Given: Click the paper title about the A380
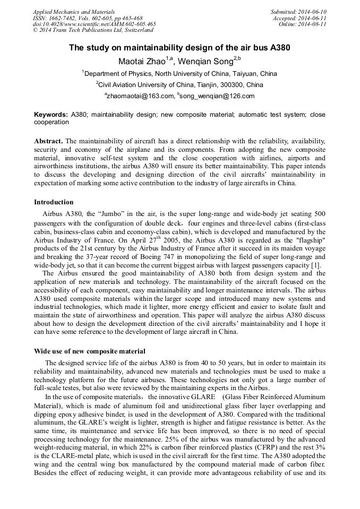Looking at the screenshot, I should (x=179, y=48).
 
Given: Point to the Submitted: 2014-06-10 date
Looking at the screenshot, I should (x=298, y=12).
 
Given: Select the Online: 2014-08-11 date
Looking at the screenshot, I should (x=303, y=24).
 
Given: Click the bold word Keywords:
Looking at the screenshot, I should (x=51, y=115).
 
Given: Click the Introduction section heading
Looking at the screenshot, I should (x=54, y=202).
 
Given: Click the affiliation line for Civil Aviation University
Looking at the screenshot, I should (x=179, y=85).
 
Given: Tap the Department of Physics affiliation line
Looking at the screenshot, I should (x=179, y=74).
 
